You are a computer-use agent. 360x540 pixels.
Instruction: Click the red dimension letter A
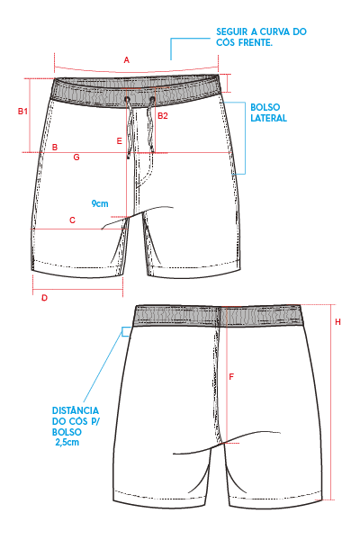(x=126, y=60)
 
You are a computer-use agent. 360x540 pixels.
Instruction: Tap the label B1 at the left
(x=22, y=112)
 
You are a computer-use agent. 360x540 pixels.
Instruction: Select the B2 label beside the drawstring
(x=163, y=116)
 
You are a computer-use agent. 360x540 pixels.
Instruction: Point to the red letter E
(x=119, y=141)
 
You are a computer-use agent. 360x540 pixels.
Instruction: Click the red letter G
(x=76, y=157)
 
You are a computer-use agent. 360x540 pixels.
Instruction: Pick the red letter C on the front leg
(x=72, y=220)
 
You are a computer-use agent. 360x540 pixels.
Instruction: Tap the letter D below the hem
(x=44, y=298)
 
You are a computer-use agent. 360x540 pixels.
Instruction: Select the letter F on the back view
(x=231, y=377)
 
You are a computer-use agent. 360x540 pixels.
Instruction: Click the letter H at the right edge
(x=338, y=321)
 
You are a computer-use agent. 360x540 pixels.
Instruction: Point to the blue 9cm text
(x=100, y=203)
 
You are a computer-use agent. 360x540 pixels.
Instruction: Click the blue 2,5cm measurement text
(x=67, y=442)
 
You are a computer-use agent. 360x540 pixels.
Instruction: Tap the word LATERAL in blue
(x=269, y=118)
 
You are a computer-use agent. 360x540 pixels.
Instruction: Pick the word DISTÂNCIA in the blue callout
(x=76, y=410)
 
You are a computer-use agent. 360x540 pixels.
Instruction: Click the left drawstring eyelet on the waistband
(x=127, y=100)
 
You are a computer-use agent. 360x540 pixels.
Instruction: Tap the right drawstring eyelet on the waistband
(x=152, y=100)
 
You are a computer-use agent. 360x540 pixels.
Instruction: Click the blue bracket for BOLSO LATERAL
(x=245, y=138)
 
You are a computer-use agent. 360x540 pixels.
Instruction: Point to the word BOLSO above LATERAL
(x=265, y=107)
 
